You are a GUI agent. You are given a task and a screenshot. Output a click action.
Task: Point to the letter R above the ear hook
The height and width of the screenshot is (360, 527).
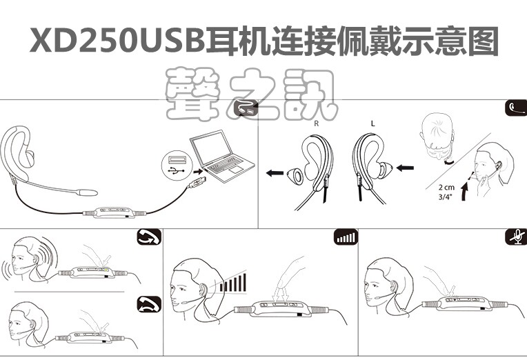pos(316,123)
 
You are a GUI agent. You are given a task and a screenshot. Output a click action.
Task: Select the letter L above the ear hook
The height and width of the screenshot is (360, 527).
pos(372,123)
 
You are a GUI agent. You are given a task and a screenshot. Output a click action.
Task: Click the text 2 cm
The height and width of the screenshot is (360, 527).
pos(446,186)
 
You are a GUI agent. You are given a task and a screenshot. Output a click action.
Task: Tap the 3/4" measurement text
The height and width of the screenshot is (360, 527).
pos(446,197)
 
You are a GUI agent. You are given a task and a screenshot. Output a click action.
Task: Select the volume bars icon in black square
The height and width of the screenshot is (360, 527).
pos(346,238)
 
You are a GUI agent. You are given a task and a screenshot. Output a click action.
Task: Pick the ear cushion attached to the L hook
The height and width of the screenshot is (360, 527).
pos(383,169)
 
